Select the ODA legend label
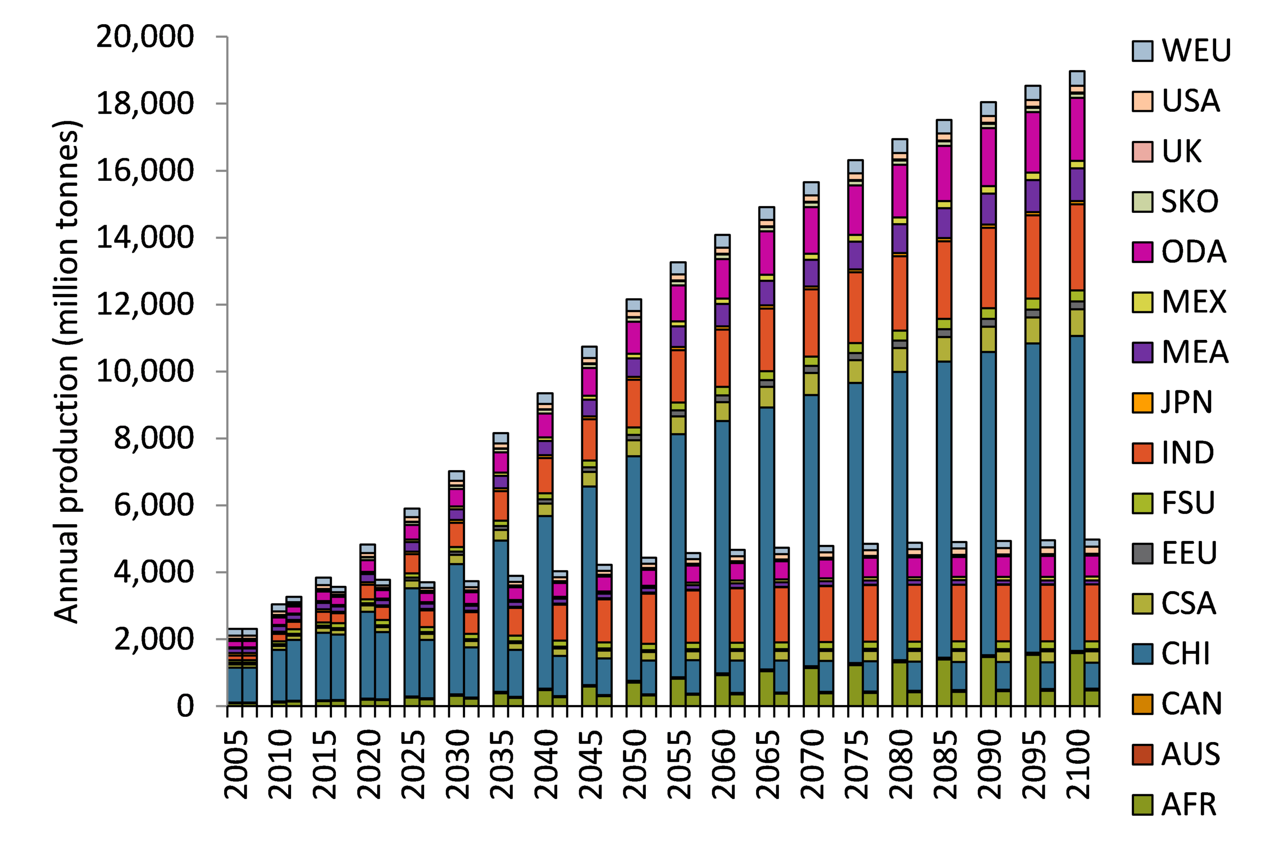point(1194,252)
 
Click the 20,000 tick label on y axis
point(144,37)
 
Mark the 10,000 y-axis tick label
point(144,371)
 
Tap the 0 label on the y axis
point(185,706)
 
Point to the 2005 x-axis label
point(236,764)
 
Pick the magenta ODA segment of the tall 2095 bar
point(1032,142)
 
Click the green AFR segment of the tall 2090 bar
point(988,681)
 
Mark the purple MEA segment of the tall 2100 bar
point(1077,185)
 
